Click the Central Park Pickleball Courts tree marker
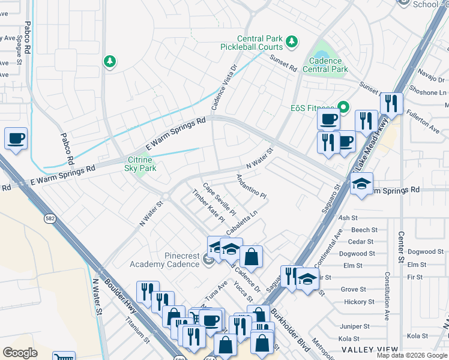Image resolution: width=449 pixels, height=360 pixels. tap(292, 41)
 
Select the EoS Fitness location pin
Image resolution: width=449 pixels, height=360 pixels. tap(343, 108)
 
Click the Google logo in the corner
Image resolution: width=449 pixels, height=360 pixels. tap(20, 353)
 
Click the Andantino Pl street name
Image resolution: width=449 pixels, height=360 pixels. tap(251, 186)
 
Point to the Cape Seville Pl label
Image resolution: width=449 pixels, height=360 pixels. tap(219, 200)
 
